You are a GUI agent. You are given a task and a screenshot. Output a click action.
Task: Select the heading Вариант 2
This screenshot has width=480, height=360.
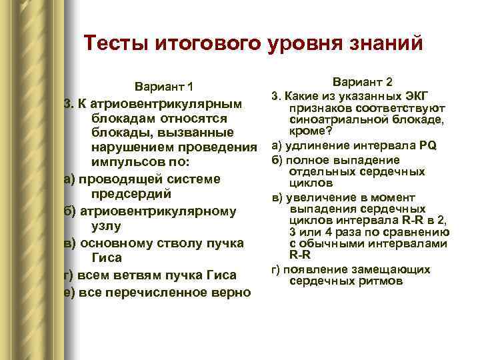click(363, 81)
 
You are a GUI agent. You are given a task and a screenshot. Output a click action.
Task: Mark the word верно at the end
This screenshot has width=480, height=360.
click(223, 291)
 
